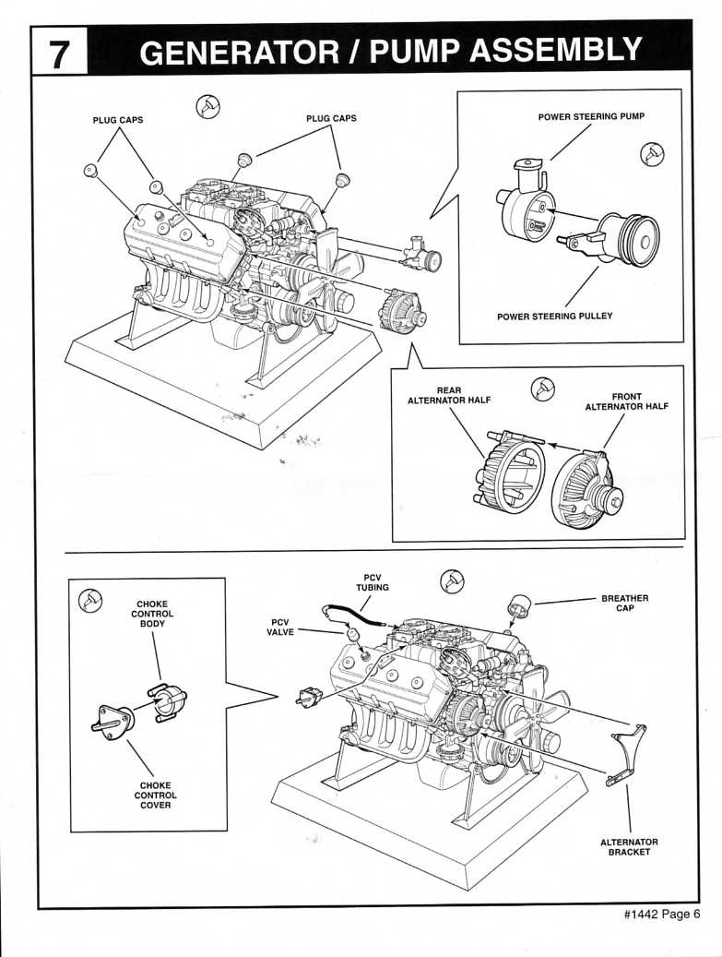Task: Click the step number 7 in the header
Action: coord(59,54)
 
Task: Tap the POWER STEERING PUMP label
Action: coord(591,116)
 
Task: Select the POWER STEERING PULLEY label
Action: coord(554,317)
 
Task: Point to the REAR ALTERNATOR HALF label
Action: coord(449,395)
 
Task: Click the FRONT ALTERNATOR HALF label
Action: coord(626,401)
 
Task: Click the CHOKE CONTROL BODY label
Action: coord(152,614)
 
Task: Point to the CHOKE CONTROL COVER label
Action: coord(156,796)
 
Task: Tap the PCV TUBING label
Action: coord(373,582)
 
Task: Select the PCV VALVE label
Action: coord(280,628)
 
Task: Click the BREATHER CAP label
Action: coord(625,603)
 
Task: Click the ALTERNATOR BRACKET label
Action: coord(629,846)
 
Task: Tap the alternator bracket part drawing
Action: coord(626,755)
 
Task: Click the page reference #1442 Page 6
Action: coord(662,931)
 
